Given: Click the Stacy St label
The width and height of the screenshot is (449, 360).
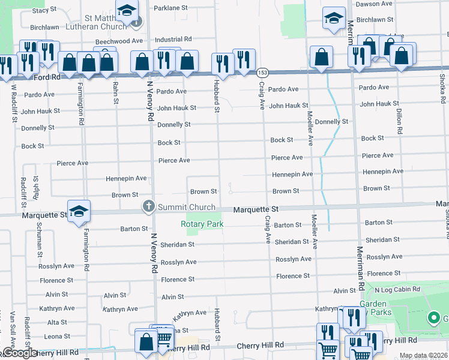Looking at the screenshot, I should coord(44,10).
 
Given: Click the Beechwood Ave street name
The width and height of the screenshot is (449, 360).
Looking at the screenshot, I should coord(119,41).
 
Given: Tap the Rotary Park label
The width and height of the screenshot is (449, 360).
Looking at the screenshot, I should coord(202,224).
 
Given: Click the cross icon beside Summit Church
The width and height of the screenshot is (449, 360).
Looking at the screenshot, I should coord(148,207).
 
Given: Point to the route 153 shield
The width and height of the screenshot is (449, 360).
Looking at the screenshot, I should coord(262,72).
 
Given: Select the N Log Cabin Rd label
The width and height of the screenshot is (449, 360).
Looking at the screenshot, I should coord(397,289).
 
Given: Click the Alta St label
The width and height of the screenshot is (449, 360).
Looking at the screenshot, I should coord(57,322).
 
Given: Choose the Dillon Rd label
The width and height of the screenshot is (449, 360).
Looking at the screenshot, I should coord(399,121).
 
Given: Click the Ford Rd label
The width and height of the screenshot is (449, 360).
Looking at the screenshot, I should coord(47,77).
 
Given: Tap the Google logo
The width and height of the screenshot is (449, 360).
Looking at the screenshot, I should coord(19,353).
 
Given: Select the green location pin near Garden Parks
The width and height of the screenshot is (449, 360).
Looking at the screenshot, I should coord(434,317).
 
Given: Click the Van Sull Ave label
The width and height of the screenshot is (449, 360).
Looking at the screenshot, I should coord(12,328).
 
